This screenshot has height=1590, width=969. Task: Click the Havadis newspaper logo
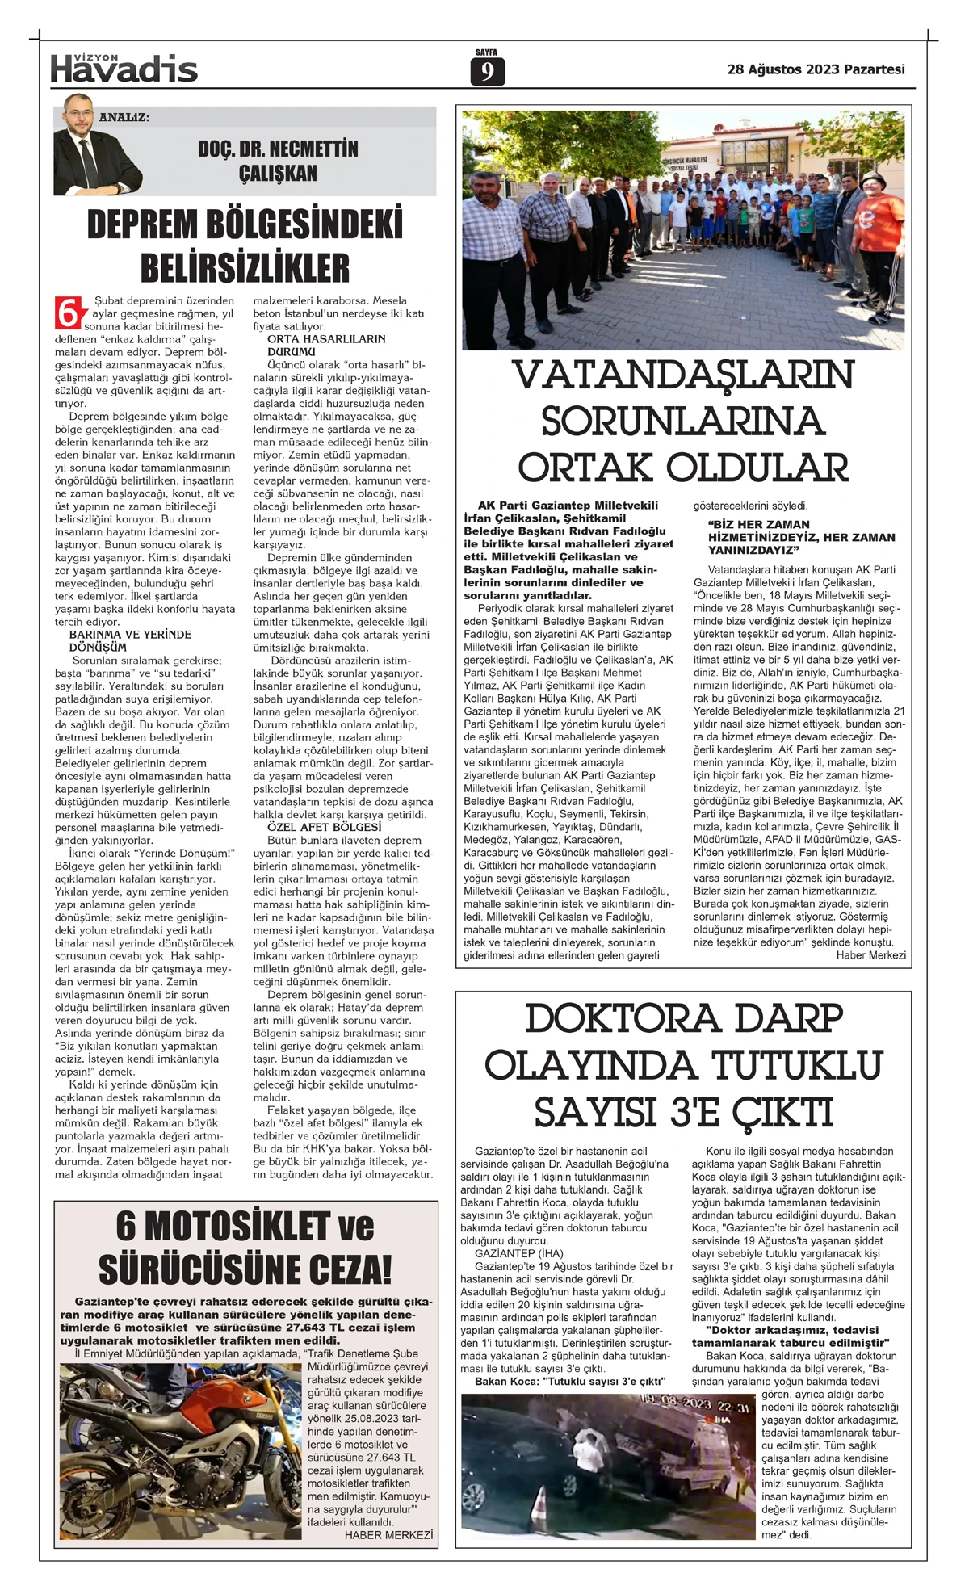[x=124, y=68]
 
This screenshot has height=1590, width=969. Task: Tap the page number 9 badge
[x=487, y=71]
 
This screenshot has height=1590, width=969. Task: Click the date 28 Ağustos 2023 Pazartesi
[x=816, y=69]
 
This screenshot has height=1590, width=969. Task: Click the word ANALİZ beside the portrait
[x=124, y=117]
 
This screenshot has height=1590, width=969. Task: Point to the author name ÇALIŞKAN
[x=278, y=174]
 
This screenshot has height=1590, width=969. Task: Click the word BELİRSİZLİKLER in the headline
[x=245, y=267]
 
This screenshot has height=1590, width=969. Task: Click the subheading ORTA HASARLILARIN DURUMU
[x=325, y=346]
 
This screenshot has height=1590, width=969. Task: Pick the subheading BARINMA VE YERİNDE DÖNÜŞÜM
[x=129, y=641]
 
